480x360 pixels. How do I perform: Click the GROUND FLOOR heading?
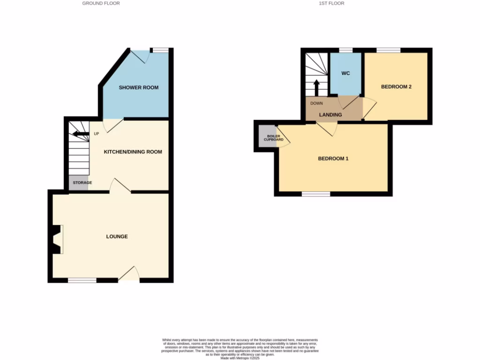tap(101, 3)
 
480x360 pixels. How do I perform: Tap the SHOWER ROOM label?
tap(138, 88)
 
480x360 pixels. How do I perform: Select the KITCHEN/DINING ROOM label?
tap(133, 152)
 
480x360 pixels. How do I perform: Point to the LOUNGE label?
tap(117, 236)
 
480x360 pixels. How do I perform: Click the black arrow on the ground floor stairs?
tap(81, 135)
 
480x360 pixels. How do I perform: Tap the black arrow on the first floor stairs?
tap(316, 87)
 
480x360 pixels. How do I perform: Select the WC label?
tap(345, 74)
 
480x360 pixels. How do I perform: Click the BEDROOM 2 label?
tap(396, 87)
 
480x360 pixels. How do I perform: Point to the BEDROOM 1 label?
tap(333, 158)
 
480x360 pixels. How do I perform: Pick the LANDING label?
tap(330, 115)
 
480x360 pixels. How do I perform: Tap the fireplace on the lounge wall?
tap(57, 239)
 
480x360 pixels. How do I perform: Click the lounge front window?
tap(82, 280)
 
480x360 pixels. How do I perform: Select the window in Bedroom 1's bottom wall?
tap(316, 194)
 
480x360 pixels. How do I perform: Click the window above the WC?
tap(346, 50)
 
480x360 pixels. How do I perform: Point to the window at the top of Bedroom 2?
tap(389, 50)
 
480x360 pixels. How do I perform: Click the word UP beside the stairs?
tap(97, 134)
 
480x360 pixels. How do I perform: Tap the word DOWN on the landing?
tap(316, 103)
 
